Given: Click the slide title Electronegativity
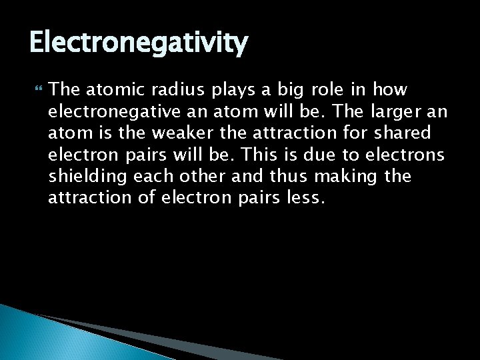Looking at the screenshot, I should [x=139, y=44].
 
